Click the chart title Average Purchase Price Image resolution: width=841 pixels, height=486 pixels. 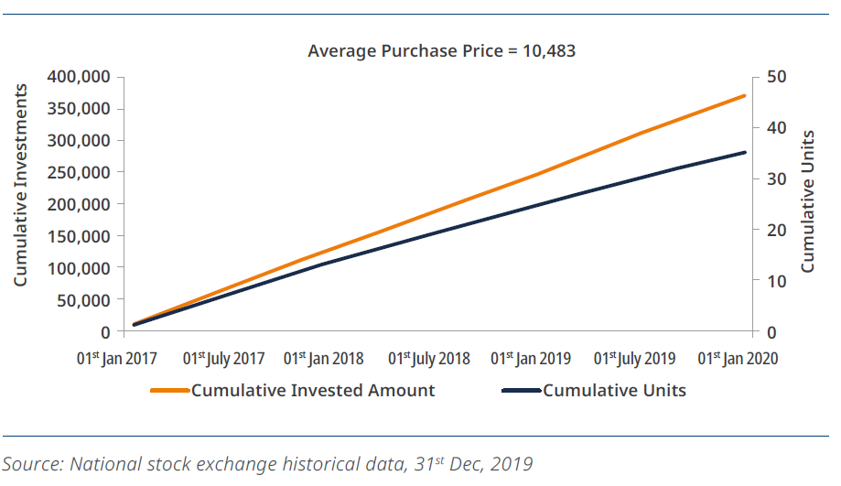[x=441, y=50]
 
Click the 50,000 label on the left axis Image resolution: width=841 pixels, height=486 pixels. [x=82, y=299]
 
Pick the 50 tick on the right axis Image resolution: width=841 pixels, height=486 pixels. [x=776, y=76]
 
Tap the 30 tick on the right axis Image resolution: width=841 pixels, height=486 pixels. [x=776, y=178]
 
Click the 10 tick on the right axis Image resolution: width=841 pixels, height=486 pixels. [x=776, y=281]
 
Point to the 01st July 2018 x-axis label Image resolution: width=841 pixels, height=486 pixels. [x=429, y=357]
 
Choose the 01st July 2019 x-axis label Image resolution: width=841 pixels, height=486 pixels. [x=635, y=357]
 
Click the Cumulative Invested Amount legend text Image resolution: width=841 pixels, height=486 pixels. [x=313, y=391]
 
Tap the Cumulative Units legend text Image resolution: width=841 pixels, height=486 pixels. [x=614, y=391]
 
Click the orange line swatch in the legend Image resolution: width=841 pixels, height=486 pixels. [x=170, y=391]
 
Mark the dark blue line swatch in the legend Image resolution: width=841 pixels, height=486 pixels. [x=522, y=391]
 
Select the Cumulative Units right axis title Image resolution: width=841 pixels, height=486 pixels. [x=807, y=202]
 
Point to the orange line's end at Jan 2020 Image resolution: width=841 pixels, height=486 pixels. [x=744, y=95]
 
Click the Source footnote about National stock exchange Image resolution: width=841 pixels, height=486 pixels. [x=267, y=463]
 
